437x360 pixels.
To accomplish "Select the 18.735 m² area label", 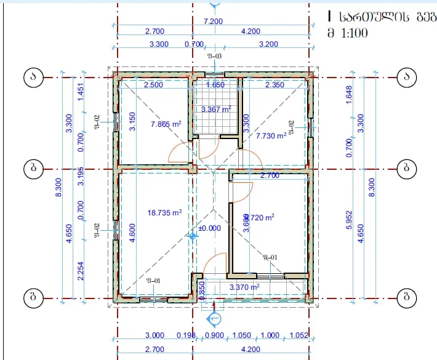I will point(164,213).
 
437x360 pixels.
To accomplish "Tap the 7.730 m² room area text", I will point(271,135).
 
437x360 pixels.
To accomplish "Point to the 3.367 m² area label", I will point(216,110).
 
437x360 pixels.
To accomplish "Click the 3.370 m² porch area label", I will point(244,287).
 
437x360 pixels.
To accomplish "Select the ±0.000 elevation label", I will point(209,227).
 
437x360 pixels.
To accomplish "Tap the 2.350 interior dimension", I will point(275,85).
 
